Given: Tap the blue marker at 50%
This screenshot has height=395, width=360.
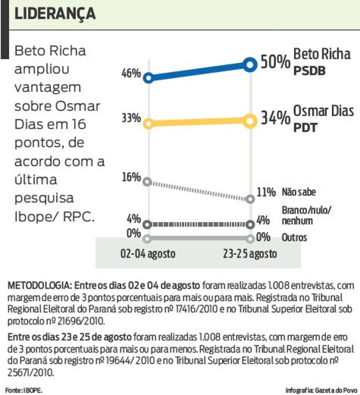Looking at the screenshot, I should tap(250, 65).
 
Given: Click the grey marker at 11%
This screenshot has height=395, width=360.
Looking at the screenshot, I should tap(250, 199).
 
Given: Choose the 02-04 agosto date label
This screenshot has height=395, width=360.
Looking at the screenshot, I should tap(147, 254).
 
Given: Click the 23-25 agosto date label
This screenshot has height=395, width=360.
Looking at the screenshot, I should tap(250, 254).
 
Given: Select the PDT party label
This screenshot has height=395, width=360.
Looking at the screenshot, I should tap(306, 128).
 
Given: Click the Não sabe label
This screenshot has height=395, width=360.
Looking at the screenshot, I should tap(299, 192).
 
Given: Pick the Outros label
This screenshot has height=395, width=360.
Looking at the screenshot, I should tap(295, 238).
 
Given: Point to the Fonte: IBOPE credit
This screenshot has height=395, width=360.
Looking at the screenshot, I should tap(23, 390).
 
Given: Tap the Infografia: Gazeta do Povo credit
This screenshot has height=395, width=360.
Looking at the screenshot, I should tap(319, 390).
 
